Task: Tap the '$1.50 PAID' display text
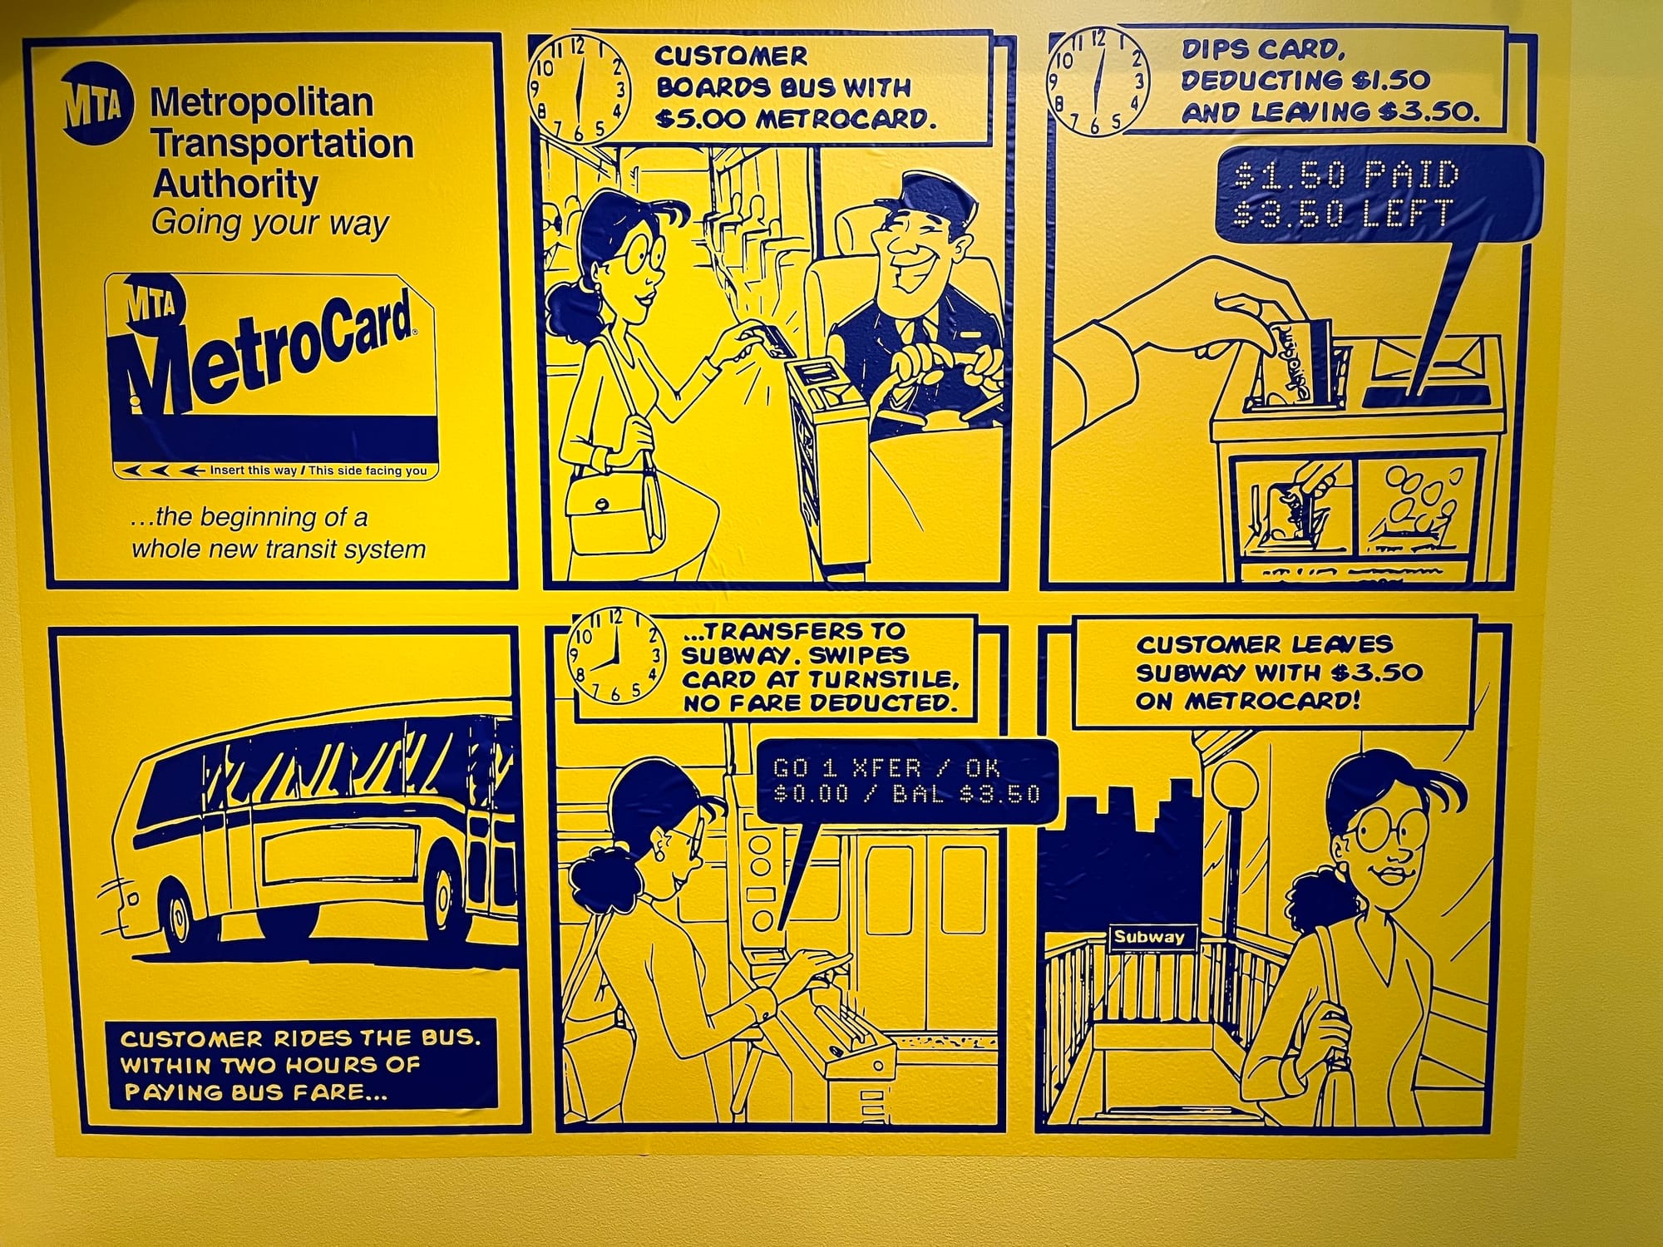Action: pos(1347,175)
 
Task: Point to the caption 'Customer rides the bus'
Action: pos(300,1038)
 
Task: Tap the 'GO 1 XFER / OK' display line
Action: pos(886,767)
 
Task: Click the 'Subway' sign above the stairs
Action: pos(1149,937)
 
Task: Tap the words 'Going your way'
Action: pos(270,224)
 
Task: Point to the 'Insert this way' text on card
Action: pos(252,471)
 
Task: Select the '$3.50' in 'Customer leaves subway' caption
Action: pos(1375,673)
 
